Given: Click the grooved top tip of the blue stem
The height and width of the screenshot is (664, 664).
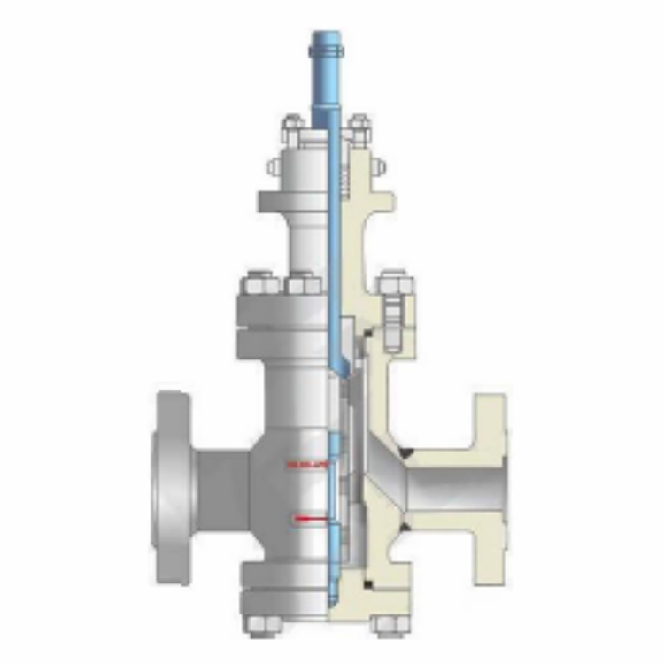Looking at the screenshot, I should [327, 44].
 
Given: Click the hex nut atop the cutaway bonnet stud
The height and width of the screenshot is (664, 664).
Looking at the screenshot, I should [395, 285].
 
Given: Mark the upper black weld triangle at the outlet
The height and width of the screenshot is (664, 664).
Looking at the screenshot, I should [408, 452].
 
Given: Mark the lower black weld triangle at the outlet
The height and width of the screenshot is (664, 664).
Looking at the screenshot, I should [403, 528].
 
